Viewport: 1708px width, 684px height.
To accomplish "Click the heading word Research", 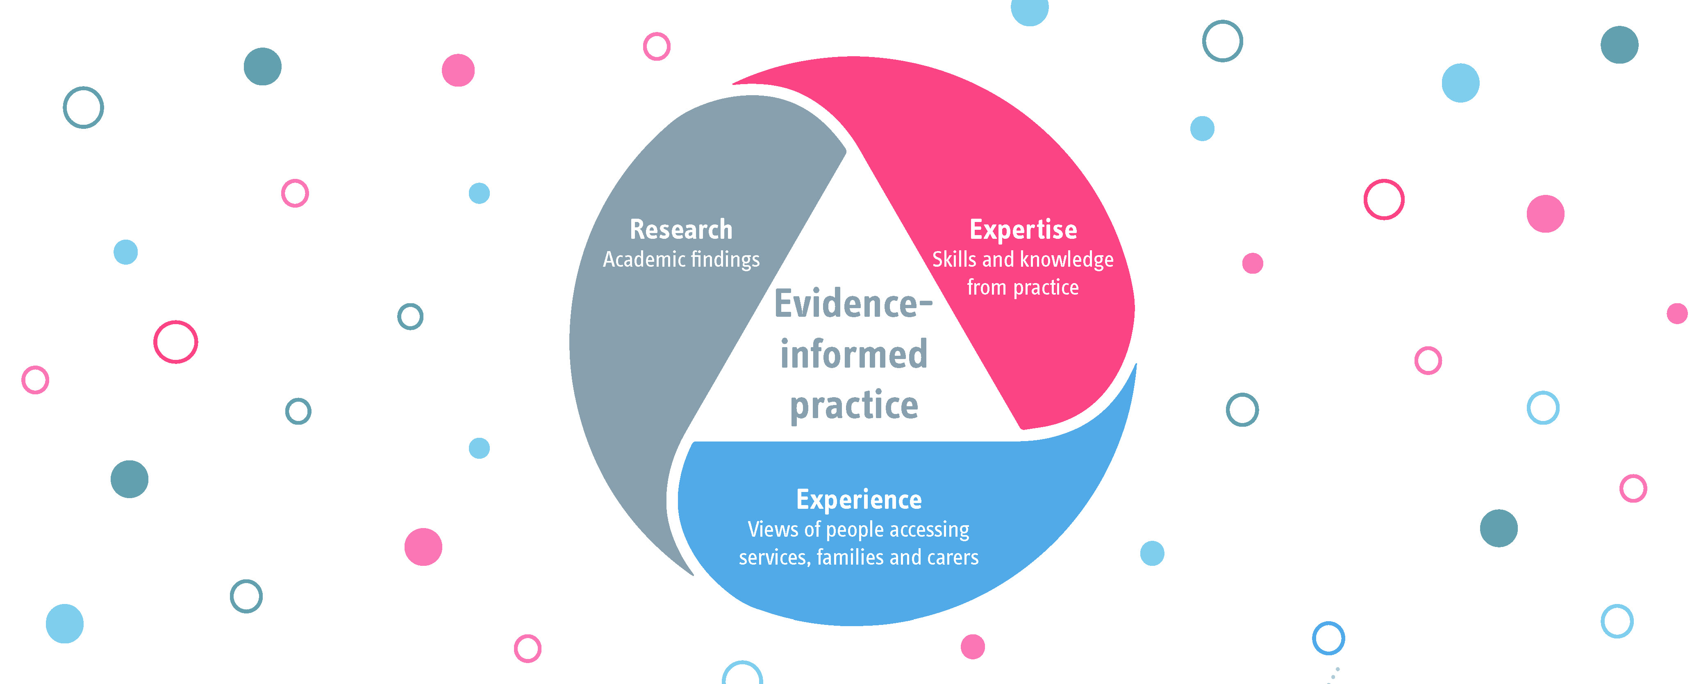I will pyautogui.click(x=681, y=229).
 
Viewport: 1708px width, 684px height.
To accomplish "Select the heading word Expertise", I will pyautogui.click(x=1023, y=229).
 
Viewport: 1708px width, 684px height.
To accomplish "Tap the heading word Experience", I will pyautogui.click(x=859, y=500).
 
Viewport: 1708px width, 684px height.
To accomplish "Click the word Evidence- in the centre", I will pyautogui.click(x=853, y=304).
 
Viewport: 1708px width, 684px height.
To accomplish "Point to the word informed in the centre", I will pyautogui.click(x=853, y=354).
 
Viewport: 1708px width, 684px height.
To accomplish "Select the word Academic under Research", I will pyautogui.click(x=644, y=259).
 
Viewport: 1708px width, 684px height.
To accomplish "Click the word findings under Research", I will pyautogui.click(x=726, y=259).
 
